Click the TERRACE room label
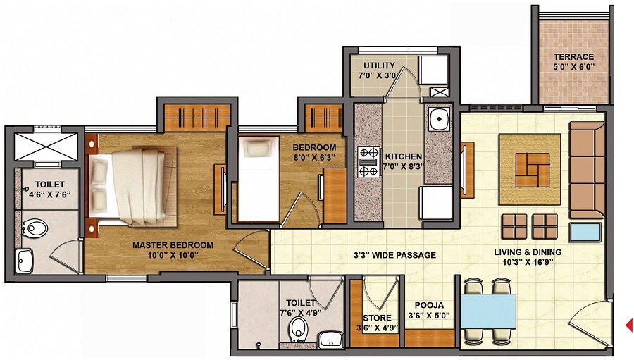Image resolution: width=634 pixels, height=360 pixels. pos(573,57)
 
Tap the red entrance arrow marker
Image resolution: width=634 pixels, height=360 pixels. pos(629,325)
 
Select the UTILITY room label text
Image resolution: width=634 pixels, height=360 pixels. pos(379,66)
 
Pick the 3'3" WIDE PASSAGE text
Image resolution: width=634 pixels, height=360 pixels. pos(394,255)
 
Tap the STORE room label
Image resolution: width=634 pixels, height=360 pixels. pos(377,318)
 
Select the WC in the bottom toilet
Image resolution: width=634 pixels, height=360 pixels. pos(299,328)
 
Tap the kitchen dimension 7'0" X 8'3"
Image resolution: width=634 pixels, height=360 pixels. pos(403,167)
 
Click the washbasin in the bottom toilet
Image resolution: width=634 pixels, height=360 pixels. pos(330,340)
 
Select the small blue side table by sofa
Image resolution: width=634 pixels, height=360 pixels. pos(585,232)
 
